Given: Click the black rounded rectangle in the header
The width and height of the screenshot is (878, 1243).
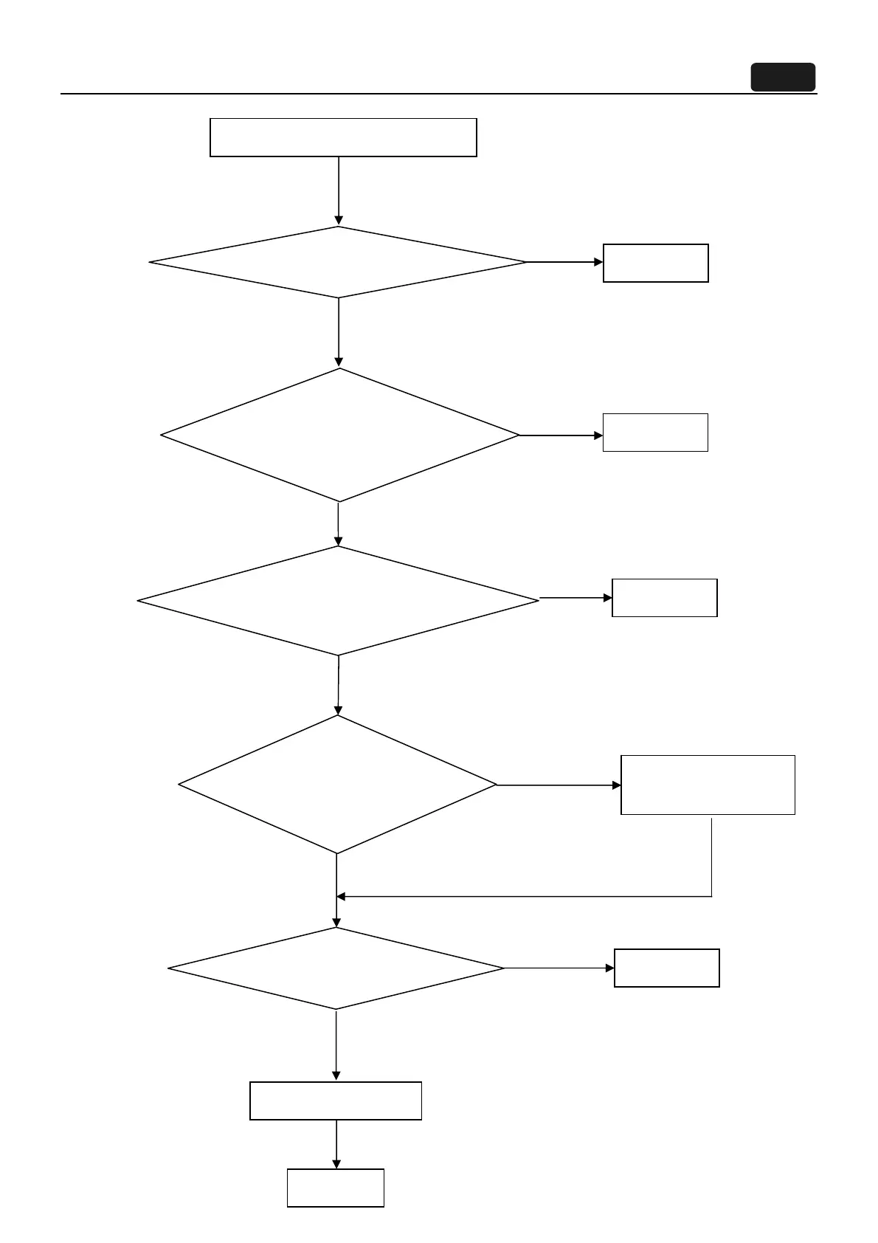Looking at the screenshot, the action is pos(783,78).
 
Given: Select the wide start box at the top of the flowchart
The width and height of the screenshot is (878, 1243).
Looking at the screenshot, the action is pos(343,137).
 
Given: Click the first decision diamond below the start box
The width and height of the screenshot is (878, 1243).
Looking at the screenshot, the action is pos(338,262).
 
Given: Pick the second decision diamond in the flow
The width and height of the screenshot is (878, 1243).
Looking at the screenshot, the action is pos(339,435).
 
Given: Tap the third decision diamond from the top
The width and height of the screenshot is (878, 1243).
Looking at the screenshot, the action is pos(338,601).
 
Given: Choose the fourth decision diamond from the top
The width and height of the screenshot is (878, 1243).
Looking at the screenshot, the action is pos(337,785).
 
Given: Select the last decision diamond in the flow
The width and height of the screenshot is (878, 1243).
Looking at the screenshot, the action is pos(336,968).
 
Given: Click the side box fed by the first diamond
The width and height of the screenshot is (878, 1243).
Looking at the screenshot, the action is pos(655,263).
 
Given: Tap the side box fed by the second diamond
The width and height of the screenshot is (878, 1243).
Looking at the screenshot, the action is pos(655,433).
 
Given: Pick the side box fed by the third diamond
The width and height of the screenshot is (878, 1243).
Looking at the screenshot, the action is pos(664,598).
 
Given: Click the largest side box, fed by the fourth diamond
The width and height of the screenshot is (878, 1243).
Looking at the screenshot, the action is pos(708,785).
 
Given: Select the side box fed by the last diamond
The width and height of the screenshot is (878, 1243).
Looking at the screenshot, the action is pos(666,968).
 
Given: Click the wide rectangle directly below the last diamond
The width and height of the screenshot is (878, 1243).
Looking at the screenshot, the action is pos(336,1101).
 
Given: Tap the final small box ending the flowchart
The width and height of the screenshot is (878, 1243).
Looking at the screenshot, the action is pos(336,1188).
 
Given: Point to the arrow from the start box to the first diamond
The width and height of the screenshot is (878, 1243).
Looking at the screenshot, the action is pos(339,190).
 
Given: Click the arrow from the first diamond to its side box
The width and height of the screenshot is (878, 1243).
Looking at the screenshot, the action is pos(564,262).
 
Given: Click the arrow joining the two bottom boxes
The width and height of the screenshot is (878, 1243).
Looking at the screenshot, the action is pos(336,1144).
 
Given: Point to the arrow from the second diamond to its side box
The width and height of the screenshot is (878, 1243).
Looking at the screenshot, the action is pos(561,435).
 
